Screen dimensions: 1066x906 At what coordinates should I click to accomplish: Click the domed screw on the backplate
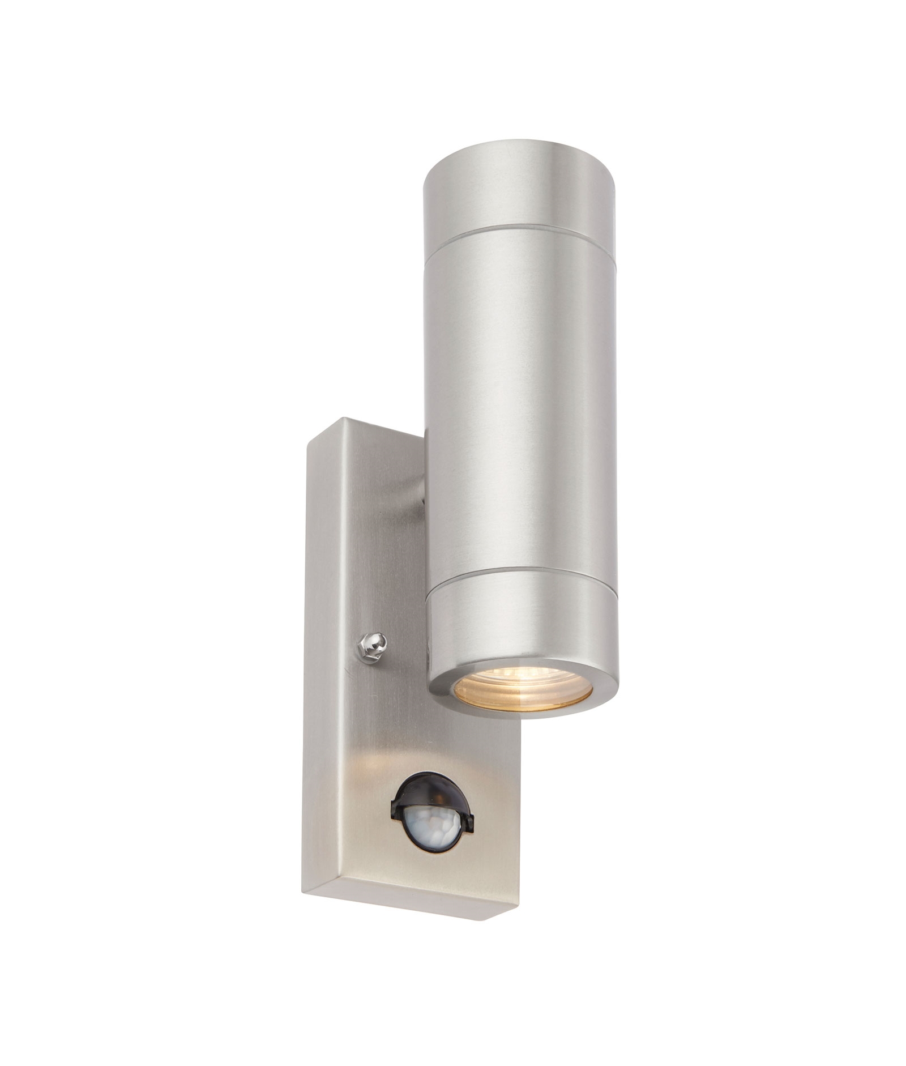(x=372, y=646)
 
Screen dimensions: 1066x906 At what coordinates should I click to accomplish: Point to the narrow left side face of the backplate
(x=315, y=651)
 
